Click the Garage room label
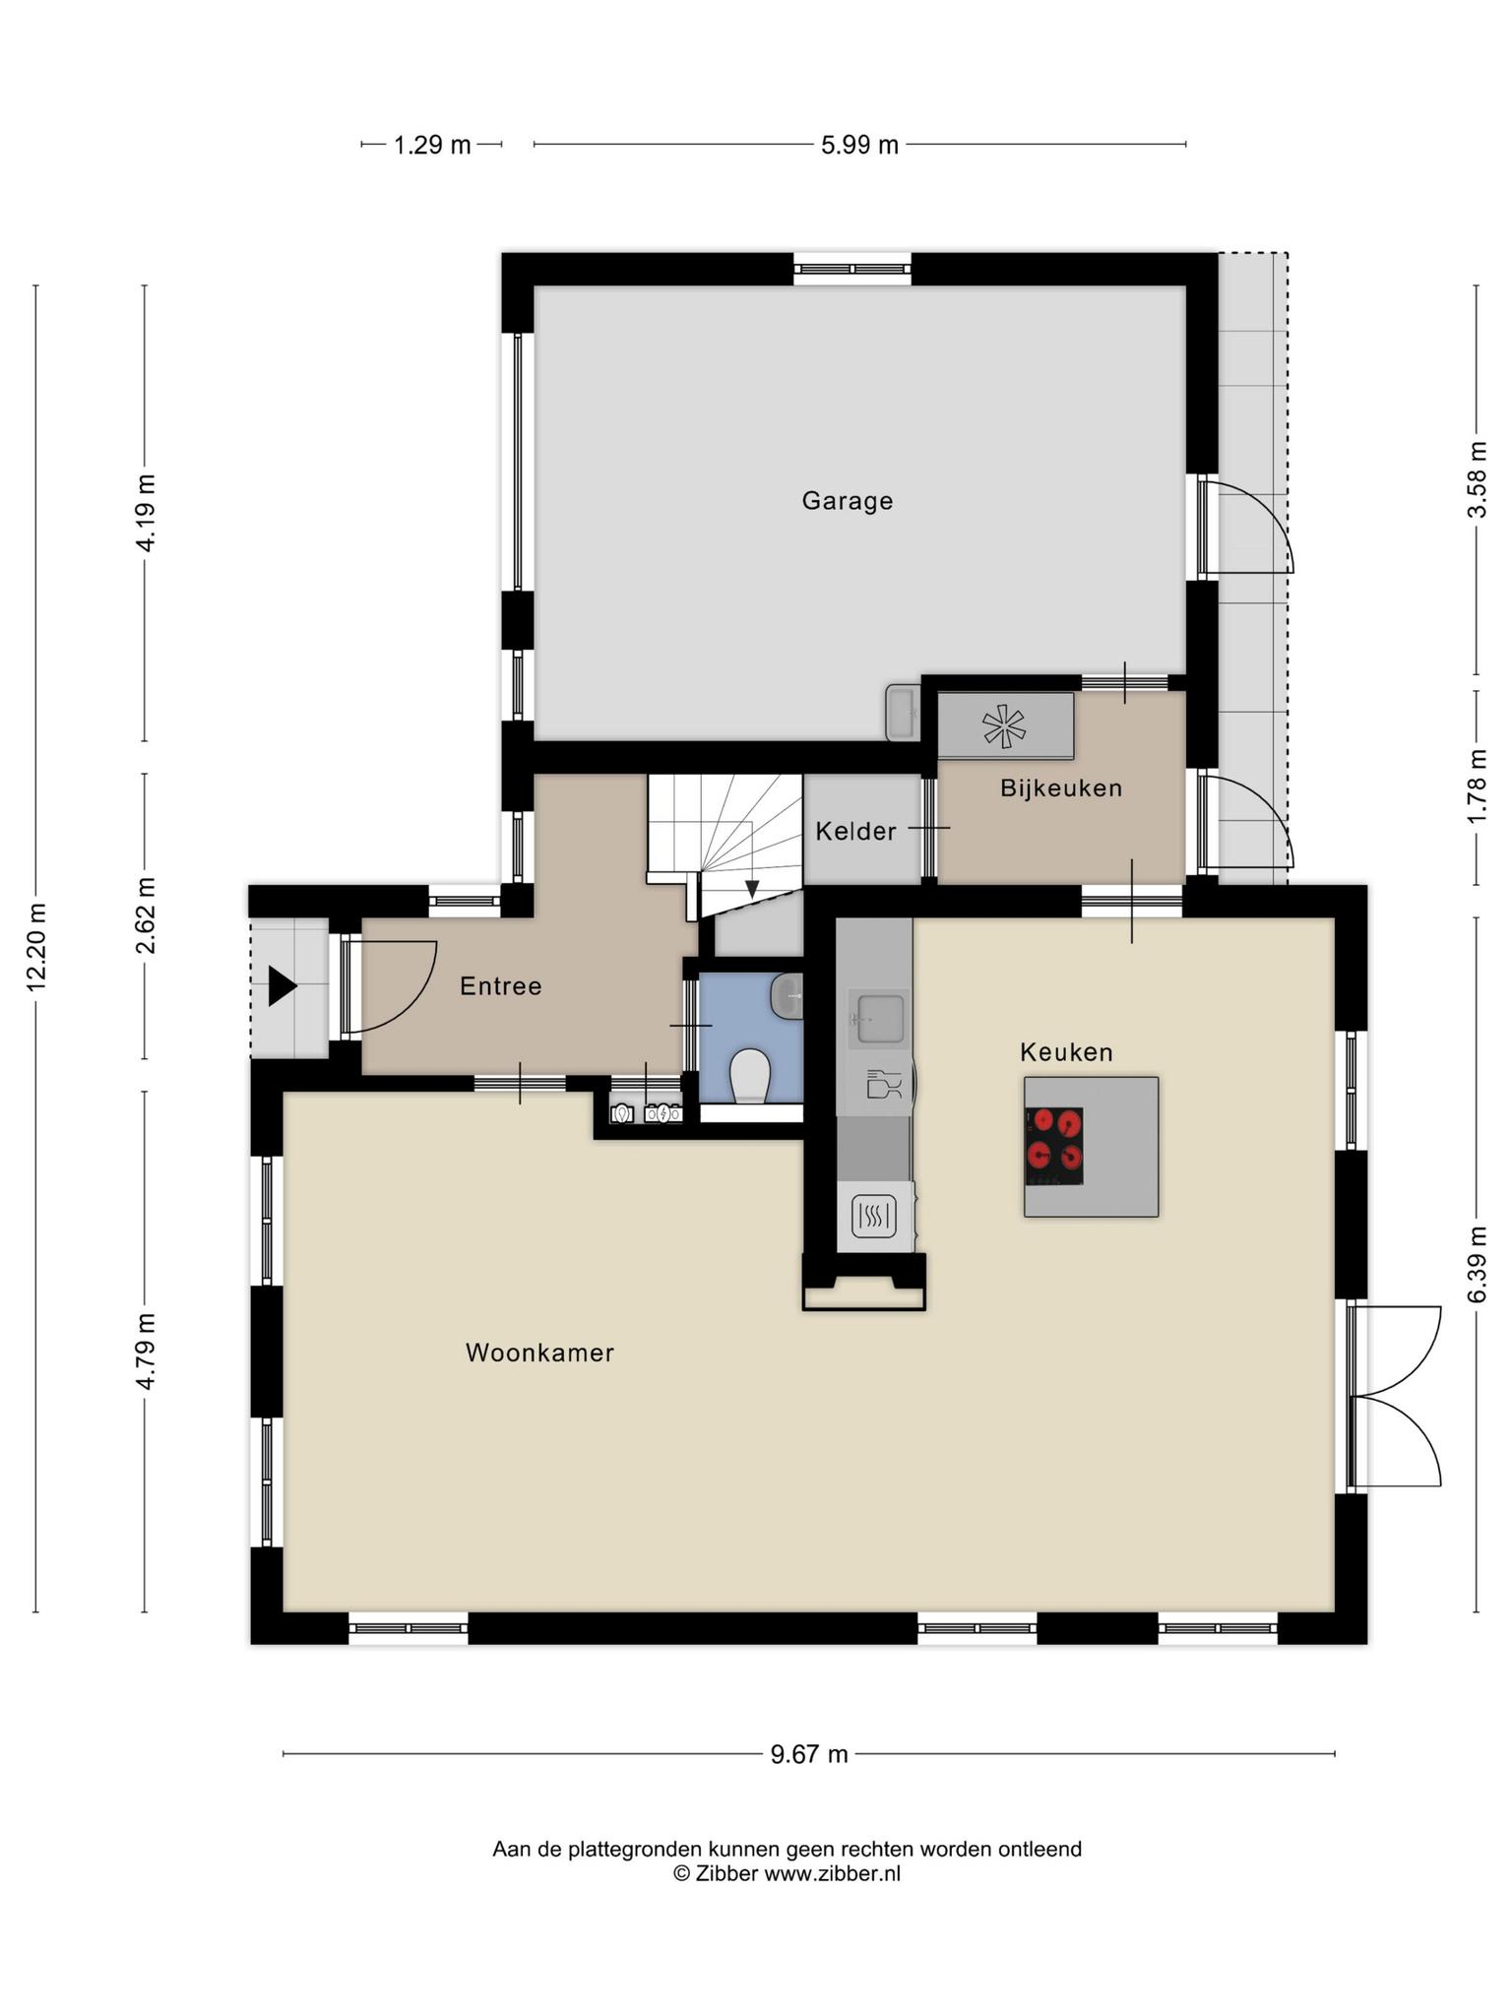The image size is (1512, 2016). [847, 501]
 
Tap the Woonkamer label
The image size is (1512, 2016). [539, 1353]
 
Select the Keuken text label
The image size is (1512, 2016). [1066, 1052]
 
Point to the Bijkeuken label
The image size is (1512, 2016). [1061, 787]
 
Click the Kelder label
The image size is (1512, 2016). [855, 832]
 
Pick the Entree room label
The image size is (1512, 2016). [501, 985]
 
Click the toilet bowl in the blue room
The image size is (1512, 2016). [751, 1075]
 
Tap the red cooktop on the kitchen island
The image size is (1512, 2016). [1053, 1146]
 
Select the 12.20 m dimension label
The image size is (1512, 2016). [37, 946]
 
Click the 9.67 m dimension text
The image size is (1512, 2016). [809, 1754]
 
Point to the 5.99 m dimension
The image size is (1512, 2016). [859, 146]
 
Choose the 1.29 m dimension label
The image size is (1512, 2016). [432, 146]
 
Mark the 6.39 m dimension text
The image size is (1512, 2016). [1477, 1265]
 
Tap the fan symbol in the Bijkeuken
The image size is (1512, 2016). [1004, 726]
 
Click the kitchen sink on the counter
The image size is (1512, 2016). [879, 1018]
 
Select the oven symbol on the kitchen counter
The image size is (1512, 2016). [873, 1217]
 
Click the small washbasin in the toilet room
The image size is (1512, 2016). [787, 997]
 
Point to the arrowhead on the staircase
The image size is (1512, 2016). [752, 889]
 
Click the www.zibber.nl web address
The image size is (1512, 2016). [832, 1873]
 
